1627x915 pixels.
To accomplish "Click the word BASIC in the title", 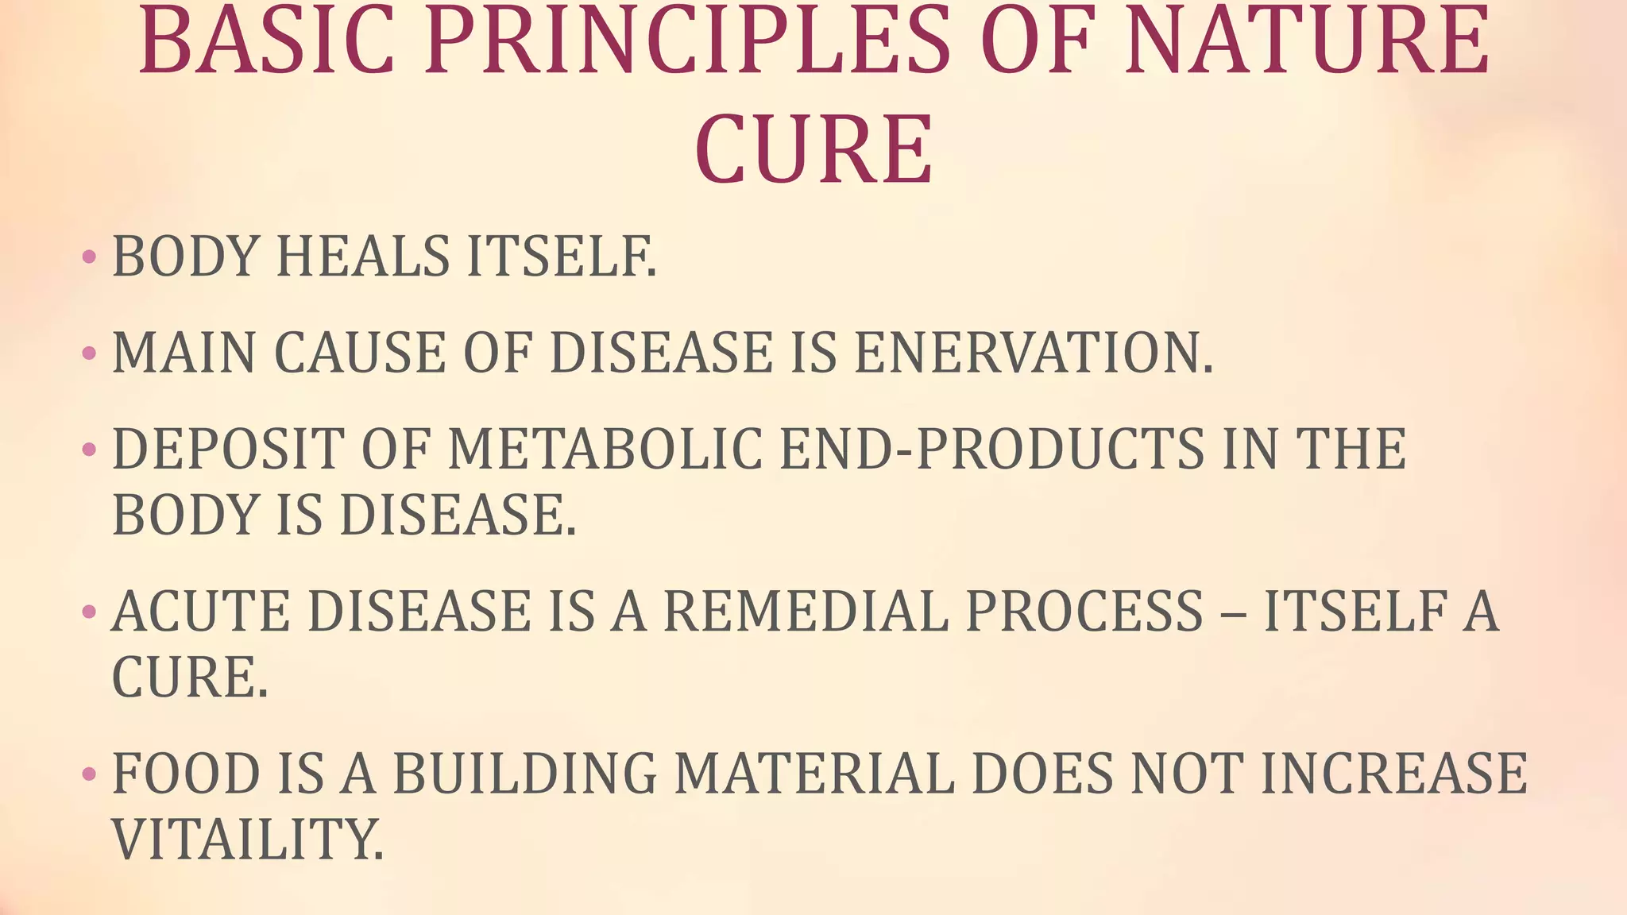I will (x=267, y=41).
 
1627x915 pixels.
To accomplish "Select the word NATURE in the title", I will (x=1307, y=41).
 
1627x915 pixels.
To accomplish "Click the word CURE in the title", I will (x=813, y=149).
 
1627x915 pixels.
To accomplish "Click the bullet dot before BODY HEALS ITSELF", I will (x=89, y=257).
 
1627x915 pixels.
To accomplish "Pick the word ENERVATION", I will (x=1033, y=353).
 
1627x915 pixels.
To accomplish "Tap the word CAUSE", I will (x=359, y=353).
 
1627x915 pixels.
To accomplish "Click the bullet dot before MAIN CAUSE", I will (x=89, y=353).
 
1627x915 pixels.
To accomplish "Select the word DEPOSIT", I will (x=229, y=450).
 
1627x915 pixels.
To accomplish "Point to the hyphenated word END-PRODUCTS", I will (x=992, y=450).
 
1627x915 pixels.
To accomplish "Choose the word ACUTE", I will (x=202, y=612).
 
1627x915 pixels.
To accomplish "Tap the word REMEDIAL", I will (x=806, y=612).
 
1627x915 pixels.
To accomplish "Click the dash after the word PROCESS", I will (x=1232, y=613).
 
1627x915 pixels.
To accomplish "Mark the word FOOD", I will (x=187, y=774).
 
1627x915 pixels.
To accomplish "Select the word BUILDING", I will (x=525, y=774).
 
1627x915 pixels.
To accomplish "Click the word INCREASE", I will (x=1394, y=774).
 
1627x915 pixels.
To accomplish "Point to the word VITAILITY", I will (x=248, y=839).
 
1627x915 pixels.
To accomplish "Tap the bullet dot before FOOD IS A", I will (x=89, y=774).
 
